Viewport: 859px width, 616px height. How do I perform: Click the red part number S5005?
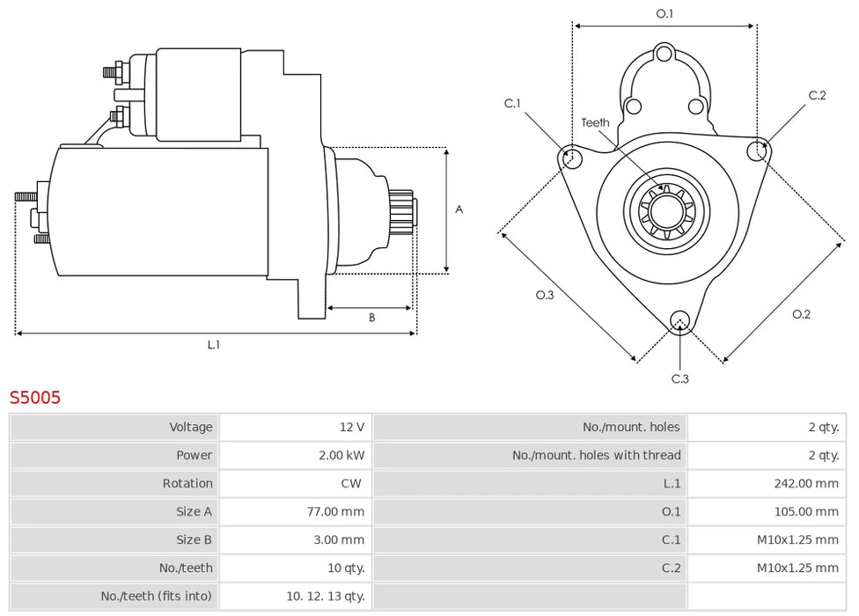pos(35,398)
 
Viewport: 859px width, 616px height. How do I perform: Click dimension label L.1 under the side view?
pos(214,345)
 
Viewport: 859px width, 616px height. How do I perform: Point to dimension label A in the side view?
pos(459,209)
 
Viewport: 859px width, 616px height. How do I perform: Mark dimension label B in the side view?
pos(371,318)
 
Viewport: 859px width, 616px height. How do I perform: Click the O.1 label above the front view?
pos(664,14)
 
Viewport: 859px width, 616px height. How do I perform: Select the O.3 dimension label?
pos(545,295)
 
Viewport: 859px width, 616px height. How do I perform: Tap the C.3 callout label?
pos(679,378)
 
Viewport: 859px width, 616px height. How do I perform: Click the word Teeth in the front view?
pos(595,122)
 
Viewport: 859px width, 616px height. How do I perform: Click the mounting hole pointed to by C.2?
pos(756,151)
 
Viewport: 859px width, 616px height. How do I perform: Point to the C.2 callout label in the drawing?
pos(818,96)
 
